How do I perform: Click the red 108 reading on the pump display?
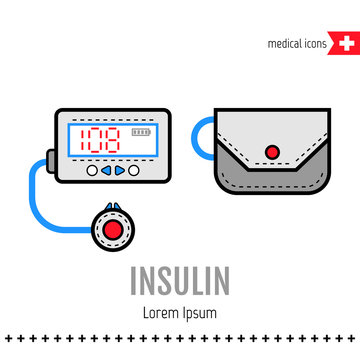pos(101,139)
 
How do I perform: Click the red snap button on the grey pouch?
pos(271,152)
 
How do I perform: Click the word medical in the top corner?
pos(285,45)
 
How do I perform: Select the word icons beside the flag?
pos(318,45)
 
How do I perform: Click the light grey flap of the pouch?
pos(270,135)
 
